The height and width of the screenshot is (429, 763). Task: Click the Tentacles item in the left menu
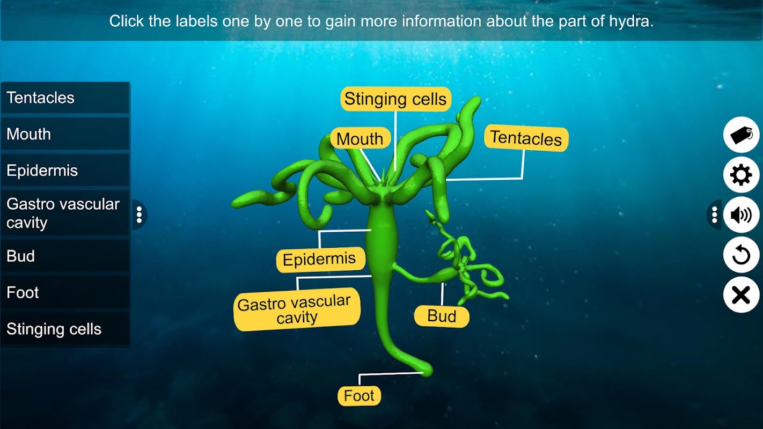pos(65,98)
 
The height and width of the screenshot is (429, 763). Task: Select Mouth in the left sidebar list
pos(65,134)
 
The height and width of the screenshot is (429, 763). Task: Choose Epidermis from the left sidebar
pos(65,170)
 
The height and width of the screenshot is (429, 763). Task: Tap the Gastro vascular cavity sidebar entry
pos(65,213)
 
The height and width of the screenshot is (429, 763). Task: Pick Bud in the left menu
pos(65,256)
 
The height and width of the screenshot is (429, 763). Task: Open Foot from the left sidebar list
pos(65,292)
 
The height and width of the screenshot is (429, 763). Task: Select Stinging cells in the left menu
pos(65,329)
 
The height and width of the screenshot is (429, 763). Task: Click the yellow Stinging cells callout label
pos(395,99)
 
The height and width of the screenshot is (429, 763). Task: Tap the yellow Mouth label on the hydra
pos(360,138)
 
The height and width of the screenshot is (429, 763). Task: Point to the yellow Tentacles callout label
pos(526,138)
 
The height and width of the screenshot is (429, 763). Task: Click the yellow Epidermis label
pos(320,260)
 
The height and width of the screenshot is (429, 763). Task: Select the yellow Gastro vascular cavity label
pos(296,309)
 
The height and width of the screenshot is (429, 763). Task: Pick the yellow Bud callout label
pos(442,316)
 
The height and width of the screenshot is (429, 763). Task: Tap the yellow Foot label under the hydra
pos(359,396)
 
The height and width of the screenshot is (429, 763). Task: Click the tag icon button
pos(741,135)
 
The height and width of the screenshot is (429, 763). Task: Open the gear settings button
pos(741,175)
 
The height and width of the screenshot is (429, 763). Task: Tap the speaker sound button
pos(741,215)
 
